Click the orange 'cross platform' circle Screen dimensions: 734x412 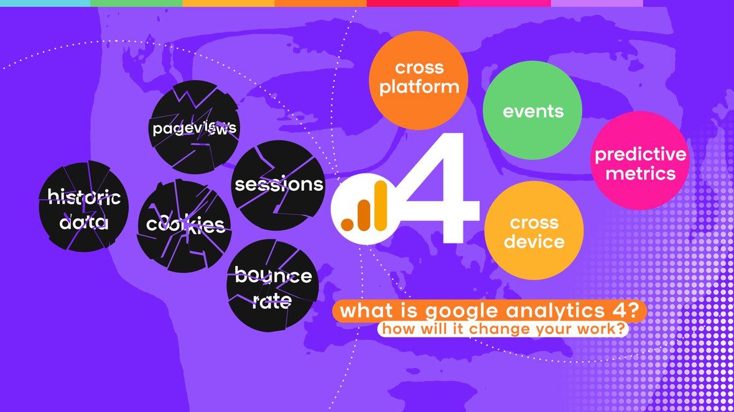419,80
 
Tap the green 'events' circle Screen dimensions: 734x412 532,111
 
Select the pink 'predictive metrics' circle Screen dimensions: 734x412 640,160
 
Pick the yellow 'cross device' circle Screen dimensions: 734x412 534,231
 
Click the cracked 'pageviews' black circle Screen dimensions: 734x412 194,127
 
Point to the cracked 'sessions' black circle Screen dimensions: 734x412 278,185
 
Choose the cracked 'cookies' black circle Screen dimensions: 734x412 184,226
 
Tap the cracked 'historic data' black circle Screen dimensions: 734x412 84,206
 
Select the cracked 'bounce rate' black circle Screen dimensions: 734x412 273,285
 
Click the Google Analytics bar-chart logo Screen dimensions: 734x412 365,209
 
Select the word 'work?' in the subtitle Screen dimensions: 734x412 603,329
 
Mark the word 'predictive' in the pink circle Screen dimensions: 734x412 640,155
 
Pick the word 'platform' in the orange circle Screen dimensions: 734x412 419,88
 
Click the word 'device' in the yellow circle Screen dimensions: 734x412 534,241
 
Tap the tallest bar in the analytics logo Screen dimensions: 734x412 381,206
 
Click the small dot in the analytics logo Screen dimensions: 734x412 347,224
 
